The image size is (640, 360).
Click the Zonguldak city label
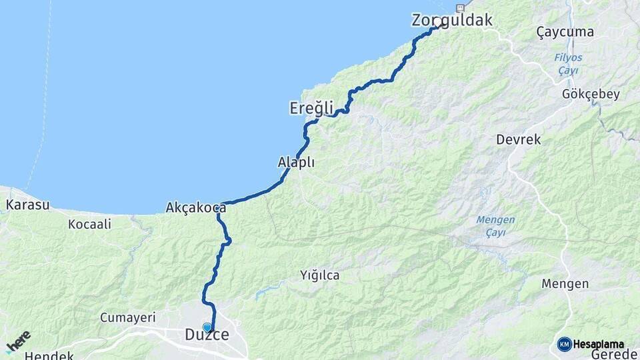tap(452, 20)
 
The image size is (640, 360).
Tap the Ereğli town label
tap(311, 108)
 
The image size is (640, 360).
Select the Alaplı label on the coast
tap(296, 162)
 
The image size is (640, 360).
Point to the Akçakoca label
tap(196, 208)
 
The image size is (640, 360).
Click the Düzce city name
tap(207, 336)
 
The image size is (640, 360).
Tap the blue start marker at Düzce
tap(207, 327)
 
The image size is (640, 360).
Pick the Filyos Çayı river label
tap(568, 64)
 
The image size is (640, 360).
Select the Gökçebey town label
tap(591, 94)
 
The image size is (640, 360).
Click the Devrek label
tap(519, 140)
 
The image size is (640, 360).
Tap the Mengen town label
tap(565, 284)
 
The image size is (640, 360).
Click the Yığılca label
tap(319, 275)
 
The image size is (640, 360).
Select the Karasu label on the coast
tap(28, 205)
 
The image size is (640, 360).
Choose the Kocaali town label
tap(89, 225)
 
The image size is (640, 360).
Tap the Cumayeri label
tap(127, 317)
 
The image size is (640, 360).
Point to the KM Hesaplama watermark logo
tap(591, 344)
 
